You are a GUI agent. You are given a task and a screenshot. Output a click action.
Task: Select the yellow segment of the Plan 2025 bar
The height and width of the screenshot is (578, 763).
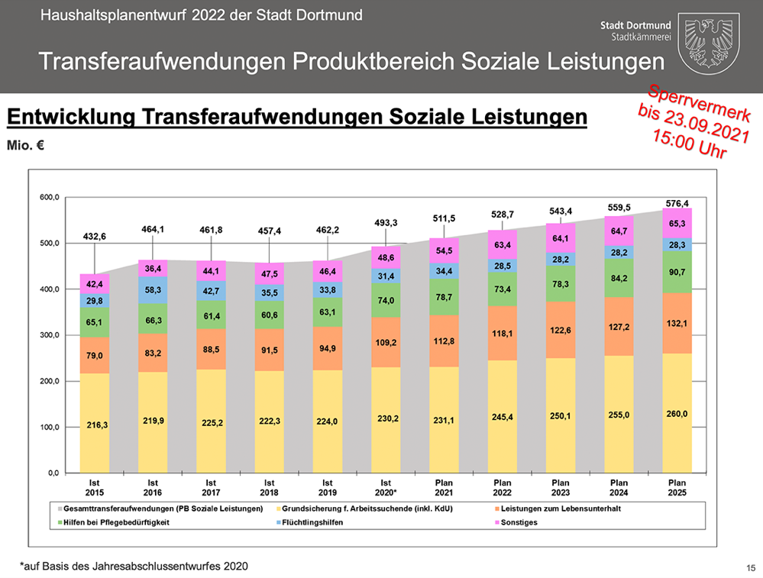(677, 412)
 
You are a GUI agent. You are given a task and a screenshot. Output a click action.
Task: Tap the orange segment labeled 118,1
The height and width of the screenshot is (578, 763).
(502, 333)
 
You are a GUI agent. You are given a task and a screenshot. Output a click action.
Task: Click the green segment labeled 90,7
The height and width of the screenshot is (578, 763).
(677, 273)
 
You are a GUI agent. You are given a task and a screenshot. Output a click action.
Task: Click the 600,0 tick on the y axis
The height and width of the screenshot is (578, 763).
(49, 198)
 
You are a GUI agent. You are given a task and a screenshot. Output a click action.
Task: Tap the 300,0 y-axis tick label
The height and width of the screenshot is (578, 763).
(49, 335)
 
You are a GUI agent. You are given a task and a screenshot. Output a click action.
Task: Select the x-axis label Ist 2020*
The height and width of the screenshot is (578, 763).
(386, 488)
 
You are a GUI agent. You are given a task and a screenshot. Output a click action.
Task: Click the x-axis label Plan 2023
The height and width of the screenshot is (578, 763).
(560, 488)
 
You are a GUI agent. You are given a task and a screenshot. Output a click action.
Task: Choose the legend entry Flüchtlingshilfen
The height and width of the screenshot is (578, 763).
(312, 523)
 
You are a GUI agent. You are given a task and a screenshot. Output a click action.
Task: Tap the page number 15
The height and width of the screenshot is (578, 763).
(751, 567)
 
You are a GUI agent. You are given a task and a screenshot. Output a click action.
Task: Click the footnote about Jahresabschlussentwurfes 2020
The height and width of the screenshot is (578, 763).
(134, 566)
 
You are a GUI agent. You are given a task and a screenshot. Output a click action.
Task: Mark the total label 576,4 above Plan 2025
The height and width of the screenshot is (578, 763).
(677, 203)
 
